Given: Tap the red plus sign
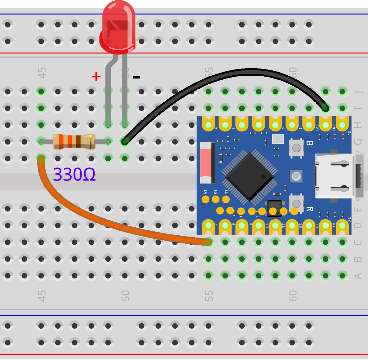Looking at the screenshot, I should (x=96, y=76).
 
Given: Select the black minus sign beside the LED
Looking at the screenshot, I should (x=136, y=77).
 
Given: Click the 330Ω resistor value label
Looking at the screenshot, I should (x=74, y=175).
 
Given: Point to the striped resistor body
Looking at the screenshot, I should (x=74, y=142).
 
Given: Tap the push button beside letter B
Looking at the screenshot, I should (x=296, y=148).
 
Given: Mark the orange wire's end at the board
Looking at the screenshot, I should (x=208, y=242).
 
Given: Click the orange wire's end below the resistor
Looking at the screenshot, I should (x=41, y=159).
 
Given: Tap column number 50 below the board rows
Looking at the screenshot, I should (x=125, y=296).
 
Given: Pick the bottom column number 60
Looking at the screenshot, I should (x=293, y=296).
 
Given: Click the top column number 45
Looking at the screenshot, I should (x=42, y=73).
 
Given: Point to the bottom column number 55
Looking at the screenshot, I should (x=209, y=296).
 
